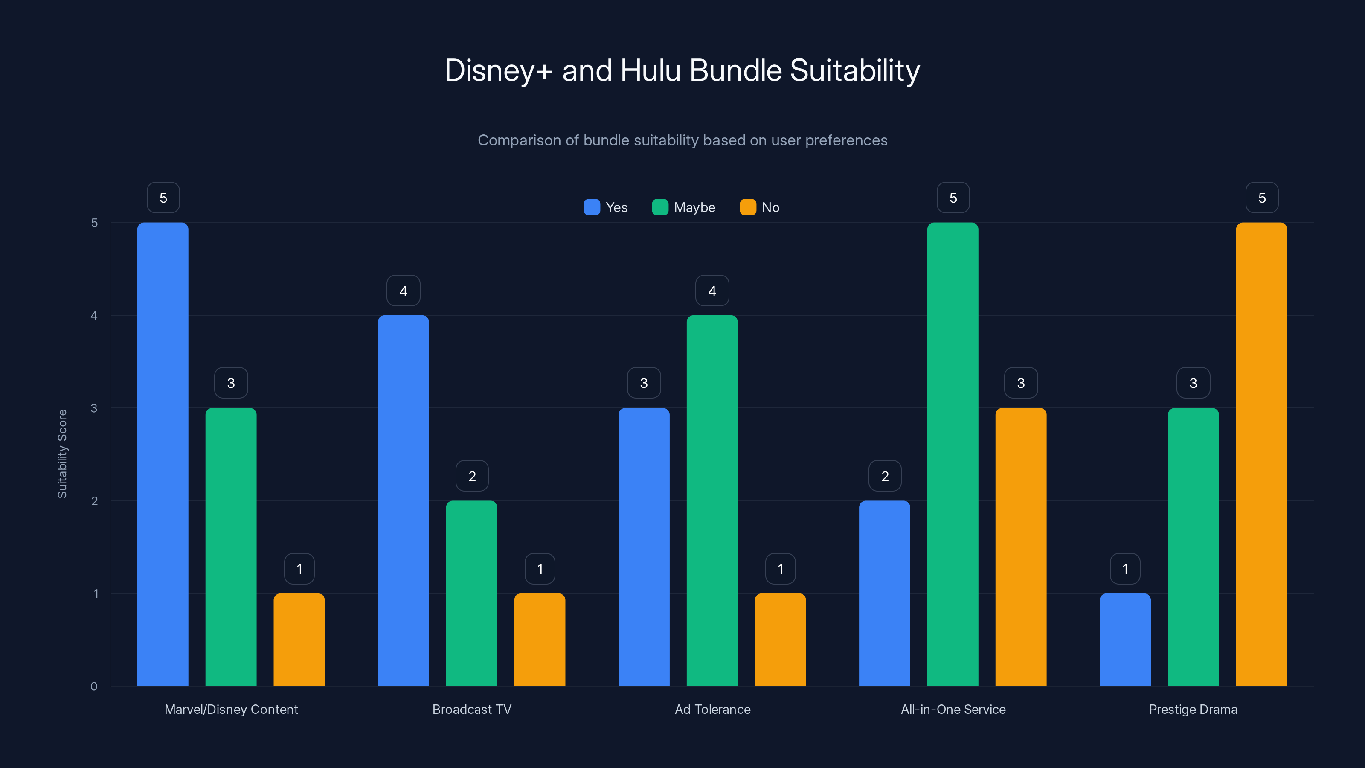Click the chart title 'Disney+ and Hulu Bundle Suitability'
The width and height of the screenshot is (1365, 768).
[x=682, y=70]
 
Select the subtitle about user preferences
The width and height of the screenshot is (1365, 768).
[x=682, y=140]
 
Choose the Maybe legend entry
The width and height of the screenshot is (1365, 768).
[x=683, y=207]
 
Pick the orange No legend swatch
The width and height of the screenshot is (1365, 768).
[x=748, y=207]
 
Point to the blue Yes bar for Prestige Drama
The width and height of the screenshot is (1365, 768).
[x=1125, y=639]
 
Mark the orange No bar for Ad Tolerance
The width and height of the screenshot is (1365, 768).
[x=780, y=639]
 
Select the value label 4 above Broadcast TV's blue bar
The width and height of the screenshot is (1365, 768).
[x=403, y=291]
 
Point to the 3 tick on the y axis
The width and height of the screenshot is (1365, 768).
[x=94, y=408]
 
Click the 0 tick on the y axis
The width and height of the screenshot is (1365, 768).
[x=94, y=687]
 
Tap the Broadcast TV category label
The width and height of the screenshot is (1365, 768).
[x=472, y=709]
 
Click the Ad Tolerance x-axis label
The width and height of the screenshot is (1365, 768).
[x=712, y=709]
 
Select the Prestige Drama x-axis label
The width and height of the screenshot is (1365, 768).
[x=1193, y=709]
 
